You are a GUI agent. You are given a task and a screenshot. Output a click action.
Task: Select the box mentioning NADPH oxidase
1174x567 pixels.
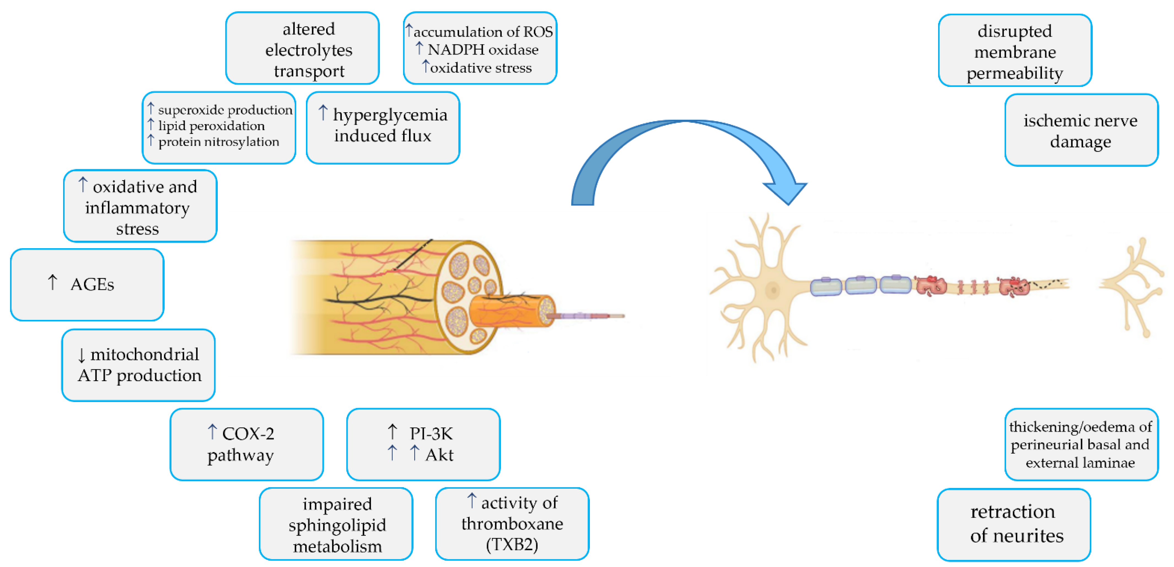click(x=480, y=48)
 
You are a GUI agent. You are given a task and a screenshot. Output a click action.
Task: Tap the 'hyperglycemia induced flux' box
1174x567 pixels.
click(x=383, y=128)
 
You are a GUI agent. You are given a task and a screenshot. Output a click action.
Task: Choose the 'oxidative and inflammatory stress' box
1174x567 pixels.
click(x=140, y=206)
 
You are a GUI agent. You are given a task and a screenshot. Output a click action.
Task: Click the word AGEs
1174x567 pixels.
click(x=92, y=284)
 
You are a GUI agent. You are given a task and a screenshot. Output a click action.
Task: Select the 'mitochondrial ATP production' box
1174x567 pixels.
click(x=139, y=365)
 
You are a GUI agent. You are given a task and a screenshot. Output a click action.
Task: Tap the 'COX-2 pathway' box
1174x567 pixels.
click(x=246, y=444)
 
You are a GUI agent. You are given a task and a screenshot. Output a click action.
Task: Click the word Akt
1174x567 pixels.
click(x=439, y=455)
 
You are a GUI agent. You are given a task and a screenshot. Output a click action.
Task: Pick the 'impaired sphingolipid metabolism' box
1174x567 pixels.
click(x=336, y=524)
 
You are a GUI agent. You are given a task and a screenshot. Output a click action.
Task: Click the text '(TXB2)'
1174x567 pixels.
click(x=512, y=545)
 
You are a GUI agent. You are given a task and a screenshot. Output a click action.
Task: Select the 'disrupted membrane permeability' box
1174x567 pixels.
click(x=1015, y=50)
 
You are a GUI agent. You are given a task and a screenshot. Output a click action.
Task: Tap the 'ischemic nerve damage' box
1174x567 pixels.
click(x=1081, y=130)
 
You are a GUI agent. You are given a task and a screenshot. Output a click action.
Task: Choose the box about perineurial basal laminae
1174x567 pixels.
click(x=1081, y=444)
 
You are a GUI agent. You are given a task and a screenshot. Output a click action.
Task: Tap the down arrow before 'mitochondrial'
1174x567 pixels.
click(x=82, y=355)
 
